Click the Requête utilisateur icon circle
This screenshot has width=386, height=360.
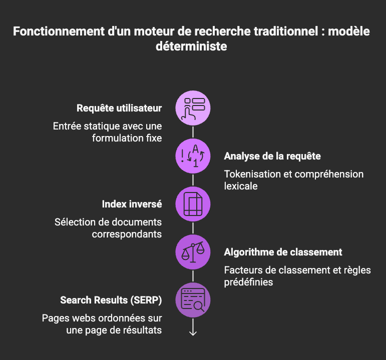pos(193,108)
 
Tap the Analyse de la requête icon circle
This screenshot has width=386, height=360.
pos(193,156)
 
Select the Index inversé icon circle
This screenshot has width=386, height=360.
pos(193,204)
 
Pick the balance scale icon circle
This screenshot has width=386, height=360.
pos(193,252)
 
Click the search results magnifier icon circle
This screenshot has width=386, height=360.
pos(193,300)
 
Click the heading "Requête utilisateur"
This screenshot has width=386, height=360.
pos(119,108)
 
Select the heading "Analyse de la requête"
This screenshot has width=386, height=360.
pos(272,156)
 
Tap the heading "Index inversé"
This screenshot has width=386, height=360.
pos(132,204)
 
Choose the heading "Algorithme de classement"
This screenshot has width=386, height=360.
pos(283,252)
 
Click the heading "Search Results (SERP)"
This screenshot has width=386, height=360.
pos(111,300)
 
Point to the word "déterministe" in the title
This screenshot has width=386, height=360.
pos(193,46)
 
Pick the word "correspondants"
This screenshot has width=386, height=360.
pos(127,233)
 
